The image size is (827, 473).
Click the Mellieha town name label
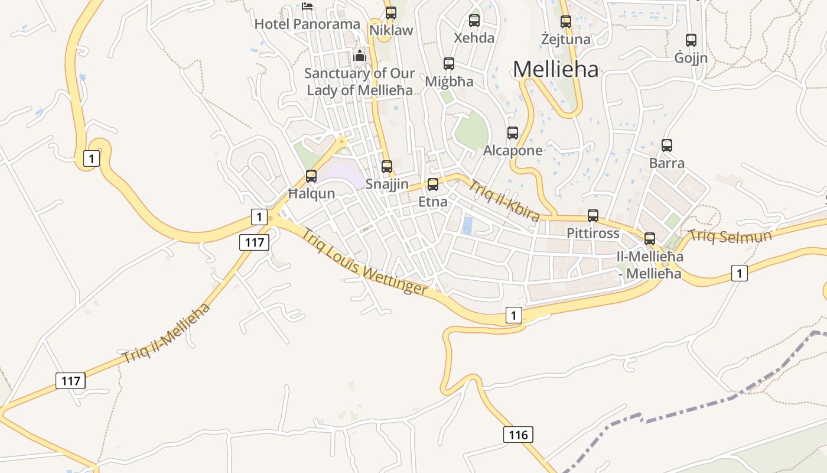[555, 69]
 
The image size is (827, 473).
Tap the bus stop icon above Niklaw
[391, 13]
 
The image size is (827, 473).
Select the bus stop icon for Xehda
[474, 21]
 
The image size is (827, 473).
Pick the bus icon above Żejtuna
[566, 22]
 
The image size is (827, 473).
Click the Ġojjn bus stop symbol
[691, 40]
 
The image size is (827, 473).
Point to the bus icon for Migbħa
[449, 64]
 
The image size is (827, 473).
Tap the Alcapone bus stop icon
[513, 133]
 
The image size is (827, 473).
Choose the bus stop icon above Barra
[667, 145]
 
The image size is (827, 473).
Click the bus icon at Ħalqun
[311, 176]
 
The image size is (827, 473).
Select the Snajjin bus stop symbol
[387, 167]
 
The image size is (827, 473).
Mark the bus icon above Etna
[433, 184]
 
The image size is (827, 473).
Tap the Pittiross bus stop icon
[593, 216]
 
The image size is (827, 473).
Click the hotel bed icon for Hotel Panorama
[307, 7]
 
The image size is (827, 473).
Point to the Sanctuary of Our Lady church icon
[359, 57]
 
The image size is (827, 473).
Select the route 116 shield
[518, 435]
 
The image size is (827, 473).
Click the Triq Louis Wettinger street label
[364, 261]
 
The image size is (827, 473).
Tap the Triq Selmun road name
[730, 236]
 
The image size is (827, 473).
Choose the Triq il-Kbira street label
[504, 200]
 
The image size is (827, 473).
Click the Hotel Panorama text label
[307, 24]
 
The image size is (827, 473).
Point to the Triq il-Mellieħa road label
[167, 333]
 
